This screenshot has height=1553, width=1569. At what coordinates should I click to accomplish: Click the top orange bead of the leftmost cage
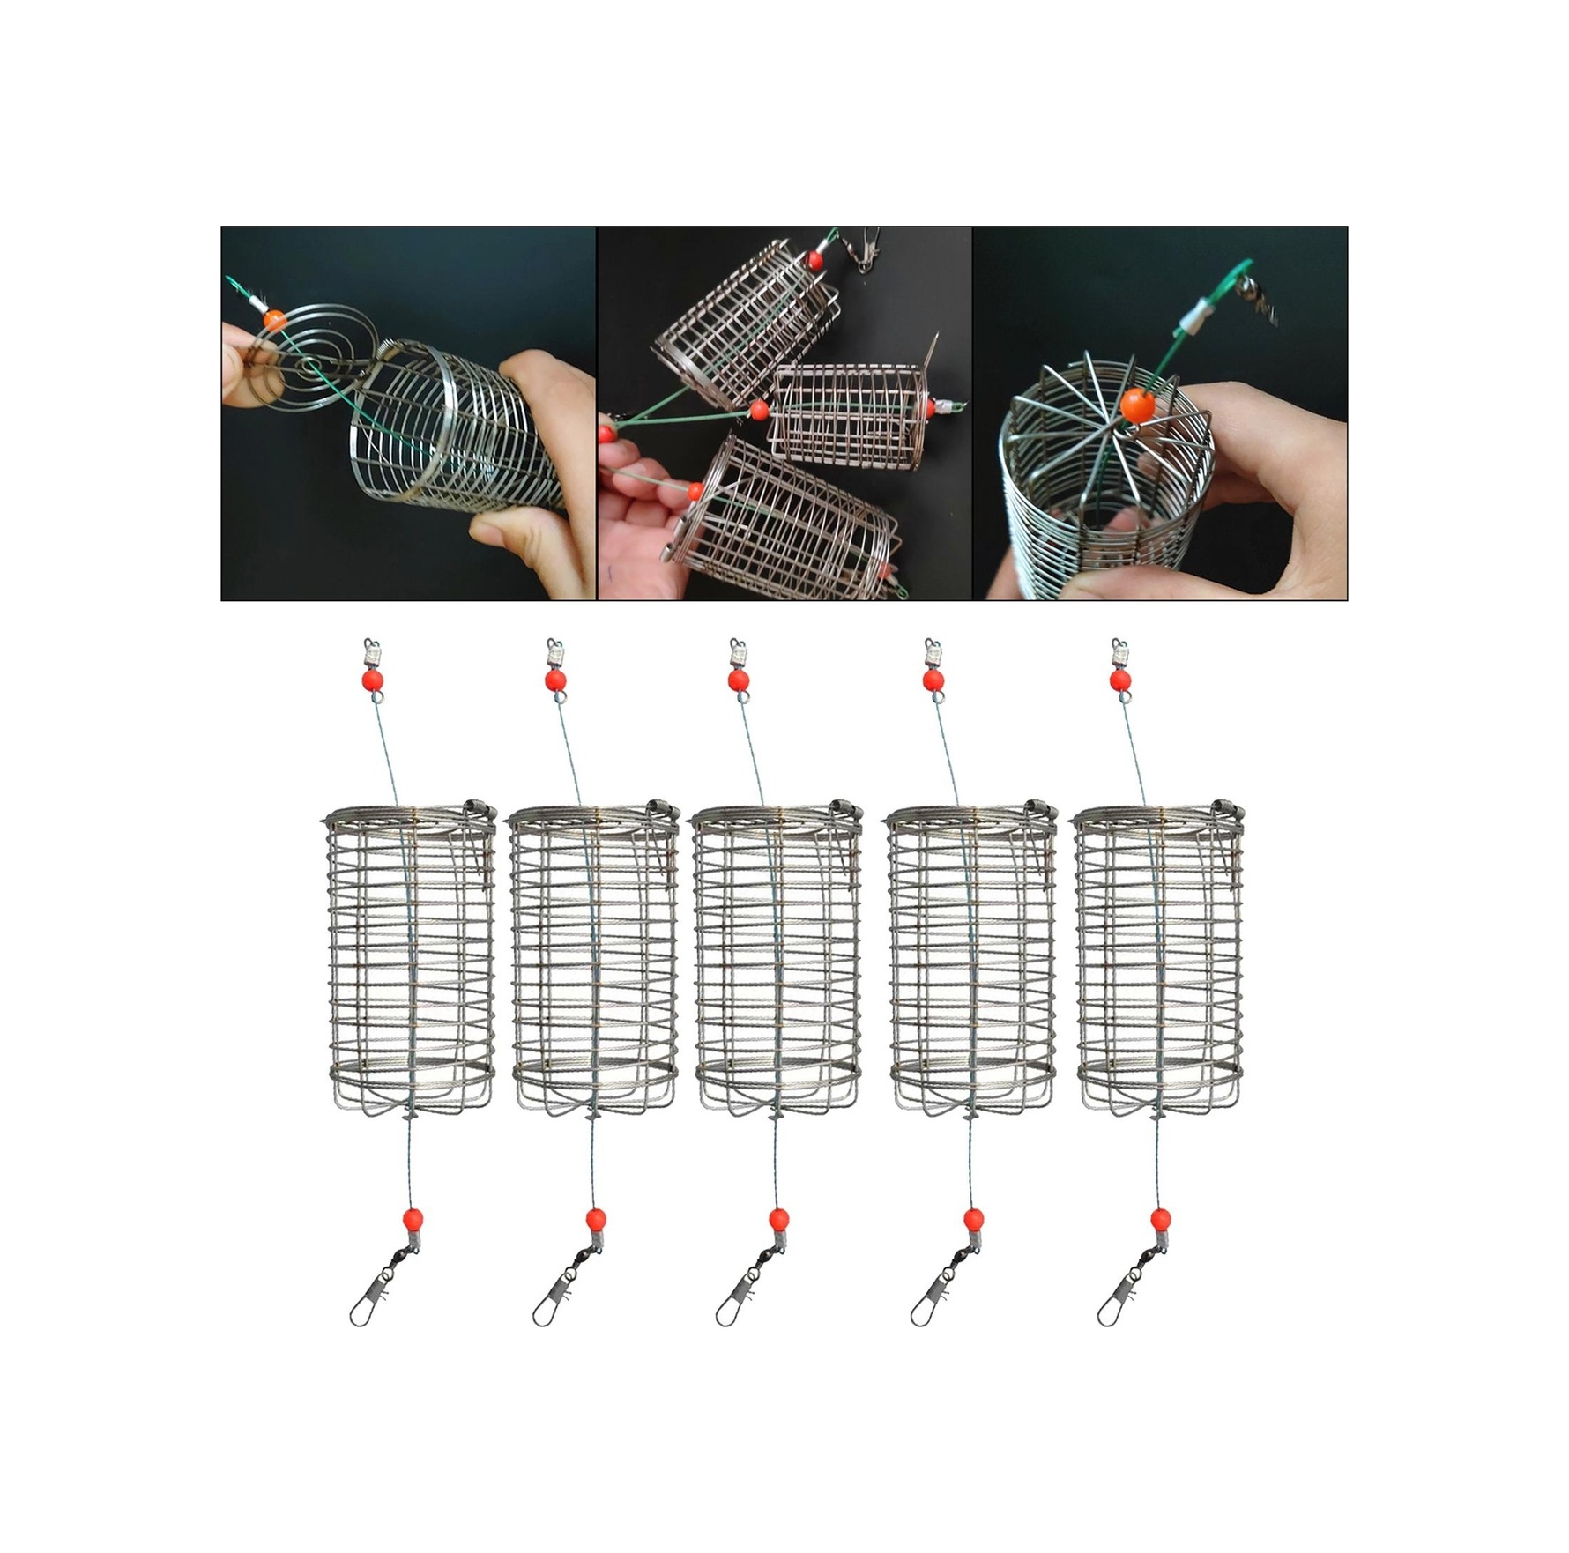pos(372,679)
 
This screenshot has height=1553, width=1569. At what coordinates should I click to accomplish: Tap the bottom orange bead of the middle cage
pos(777,1219)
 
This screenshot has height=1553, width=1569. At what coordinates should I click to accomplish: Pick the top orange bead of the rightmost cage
pos(1120,679)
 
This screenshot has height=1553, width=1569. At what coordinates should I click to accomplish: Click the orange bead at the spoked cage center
pos(1137,405)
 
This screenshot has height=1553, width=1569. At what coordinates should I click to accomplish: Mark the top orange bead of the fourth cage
pos(933,679)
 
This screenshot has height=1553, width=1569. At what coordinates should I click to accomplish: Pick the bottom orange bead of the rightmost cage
pos(1161,1219)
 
